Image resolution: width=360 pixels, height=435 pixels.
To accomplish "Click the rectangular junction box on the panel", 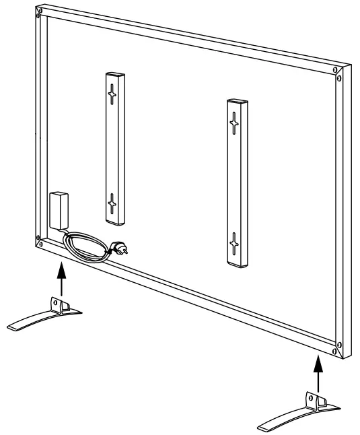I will click(x=59, y=210).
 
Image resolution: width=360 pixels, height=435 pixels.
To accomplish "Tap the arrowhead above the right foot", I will click(x=316, y=364).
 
